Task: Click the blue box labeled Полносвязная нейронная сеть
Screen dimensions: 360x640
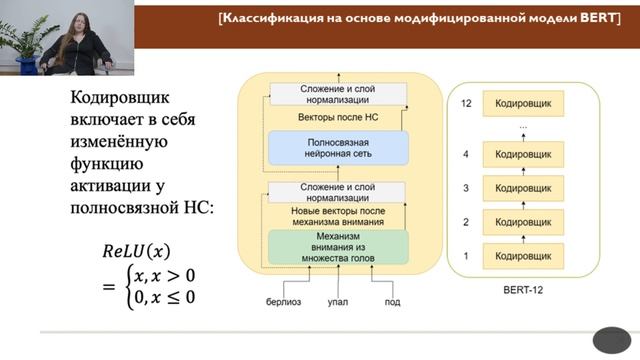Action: [x=339, y=149]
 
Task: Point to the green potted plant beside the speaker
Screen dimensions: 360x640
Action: [x=25, y=40]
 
